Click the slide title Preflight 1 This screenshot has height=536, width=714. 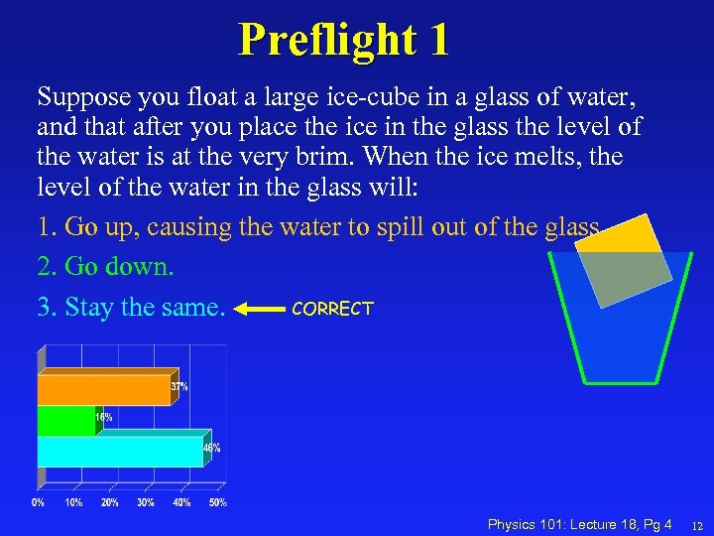(x=343, y=40)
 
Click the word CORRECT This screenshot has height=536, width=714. (x=332, y=309)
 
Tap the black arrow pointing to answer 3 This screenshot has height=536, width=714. (x=260, y=309)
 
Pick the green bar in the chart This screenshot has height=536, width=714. (x=64, y=421)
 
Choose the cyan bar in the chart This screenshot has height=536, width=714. (x=119, y=452)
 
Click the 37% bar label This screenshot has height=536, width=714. (x=178, y=385)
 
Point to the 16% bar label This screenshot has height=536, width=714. (x=103, y=418)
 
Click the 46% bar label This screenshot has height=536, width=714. (x=211, y=448)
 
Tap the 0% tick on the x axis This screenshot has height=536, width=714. (x=38, y=502)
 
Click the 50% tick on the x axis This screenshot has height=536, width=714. (x=217, y=502)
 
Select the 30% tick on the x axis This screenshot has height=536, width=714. (x=146, y=502)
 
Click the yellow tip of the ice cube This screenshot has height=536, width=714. (x=635, y=231)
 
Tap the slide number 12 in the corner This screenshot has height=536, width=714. (x=697, y=525)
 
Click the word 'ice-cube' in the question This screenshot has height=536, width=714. (x=350, y=97)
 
